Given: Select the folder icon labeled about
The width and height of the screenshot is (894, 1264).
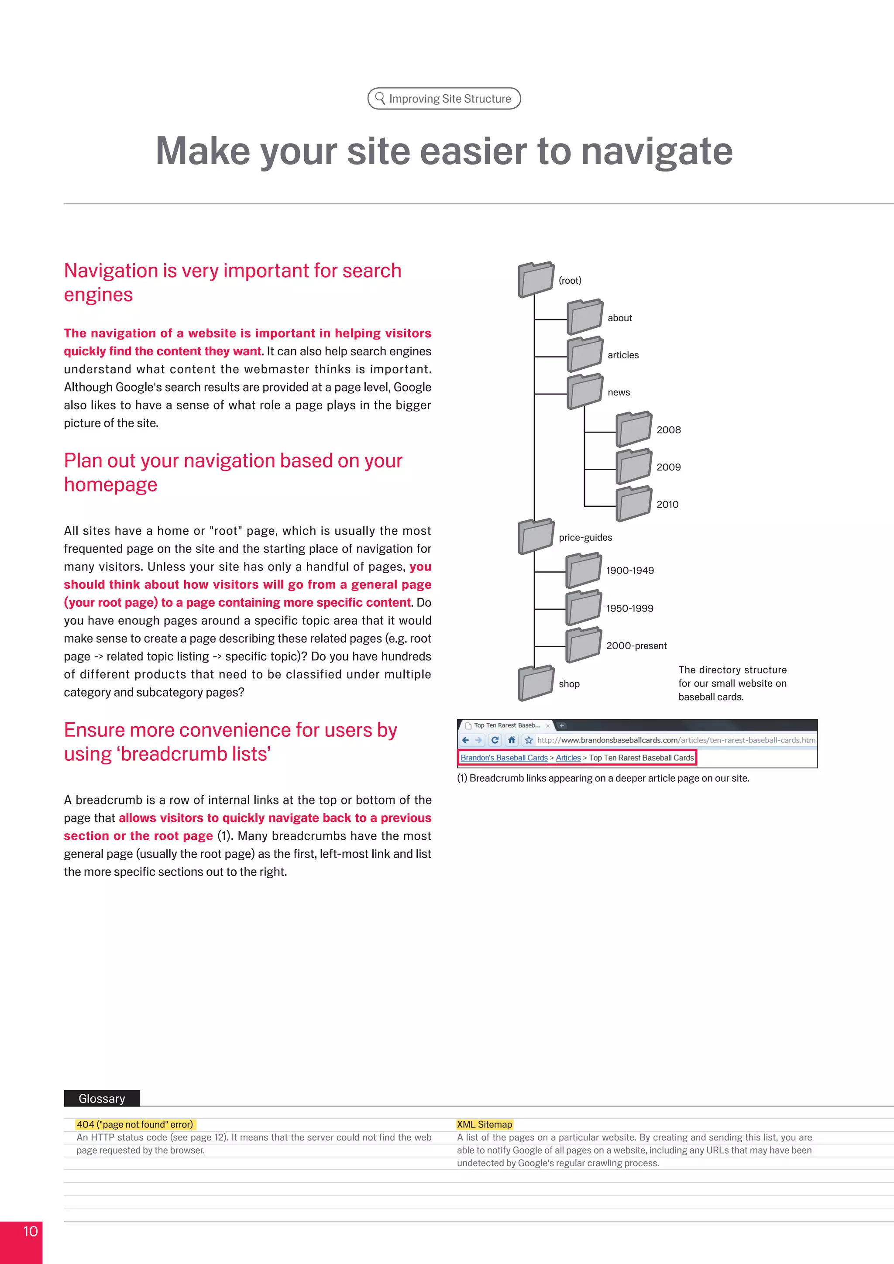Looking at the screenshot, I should coord(585,317).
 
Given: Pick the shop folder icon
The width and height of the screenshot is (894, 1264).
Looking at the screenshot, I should coord(536,683).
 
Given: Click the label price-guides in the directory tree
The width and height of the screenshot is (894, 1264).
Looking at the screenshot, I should coord(585,537).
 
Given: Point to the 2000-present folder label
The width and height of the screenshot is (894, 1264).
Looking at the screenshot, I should coord(636,646).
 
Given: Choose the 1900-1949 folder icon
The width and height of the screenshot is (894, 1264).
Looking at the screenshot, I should coord(584,570).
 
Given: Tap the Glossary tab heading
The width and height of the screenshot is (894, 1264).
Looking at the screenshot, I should coord(102,1098).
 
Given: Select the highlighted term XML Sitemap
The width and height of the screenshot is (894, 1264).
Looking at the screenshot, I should coord(485,1124).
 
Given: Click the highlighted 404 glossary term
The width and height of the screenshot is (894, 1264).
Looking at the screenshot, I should coord(135,1124).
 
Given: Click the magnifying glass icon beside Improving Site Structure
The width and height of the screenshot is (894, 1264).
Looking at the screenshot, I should coord(380,98).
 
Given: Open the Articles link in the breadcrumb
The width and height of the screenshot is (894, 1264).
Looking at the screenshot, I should coord(568,758).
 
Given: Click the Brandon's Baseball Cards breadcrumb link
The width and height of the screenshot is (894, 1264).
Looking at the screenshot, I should coord(504,758).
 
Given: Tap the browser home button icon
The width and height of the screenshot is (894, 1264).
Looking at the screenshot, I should coord(512,740).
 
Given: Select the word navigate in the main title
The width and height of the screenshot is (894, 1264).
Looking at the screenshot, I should coord(657,151).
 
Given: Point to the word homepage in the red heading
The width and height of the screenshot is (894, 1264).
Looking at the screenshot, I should coord(110,484).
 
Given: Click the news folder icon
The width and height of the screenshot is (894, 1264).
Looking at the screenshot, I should coord(585,392).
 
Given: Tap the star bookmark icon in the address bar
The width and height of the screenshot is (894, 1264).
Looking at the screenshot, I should coord(529,740).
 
